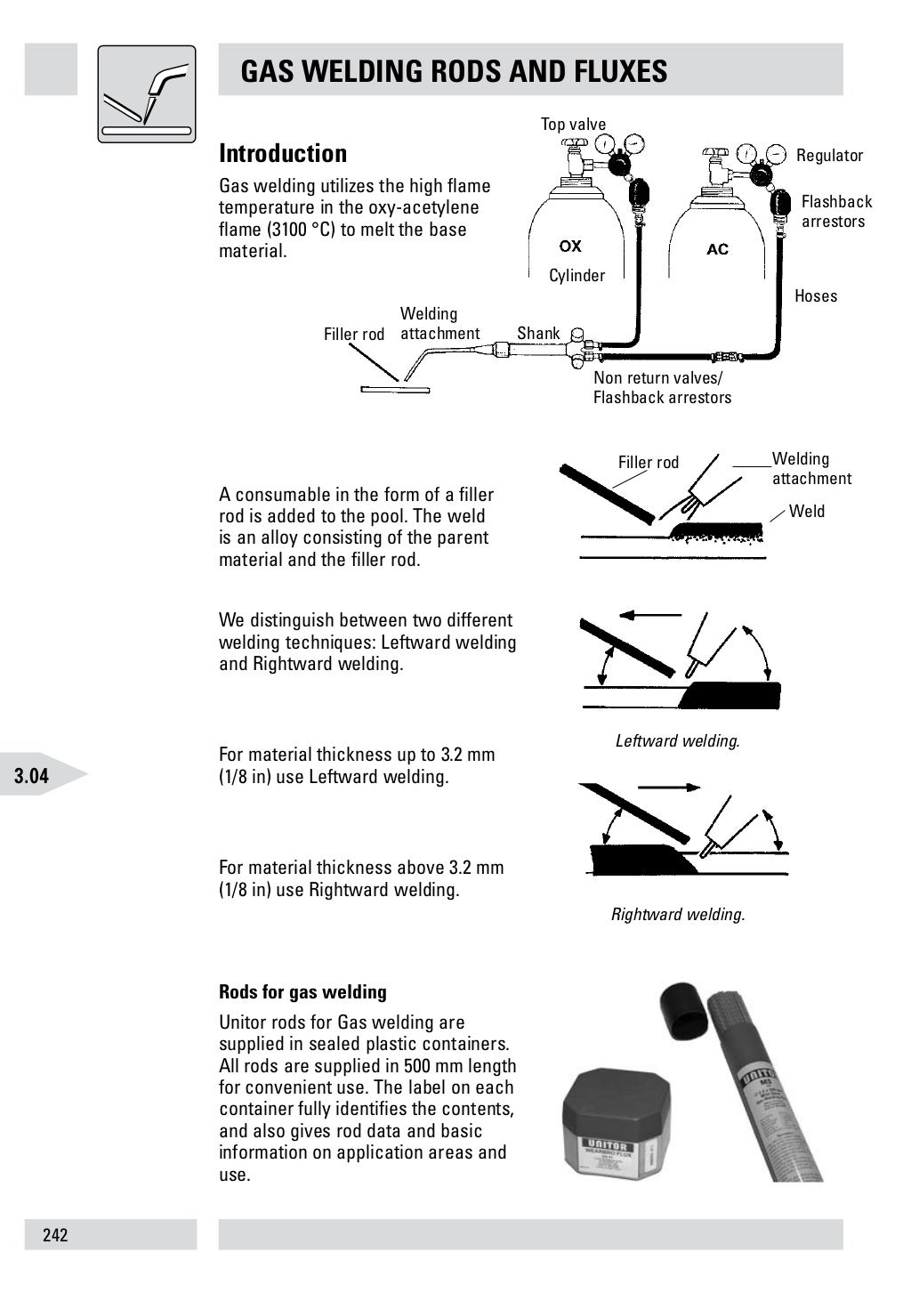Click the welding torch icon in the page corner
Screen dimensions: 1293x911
[x=146, y=93]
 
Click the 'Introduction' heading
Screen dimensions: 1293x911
[x=283, y=154]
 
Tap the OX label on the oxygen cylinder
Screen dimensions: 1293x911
[x=570, y=246]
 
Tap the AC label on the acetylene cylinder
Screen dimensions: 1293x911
[x=717, y=249]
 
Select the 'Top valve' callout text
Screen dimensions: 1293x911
[x=573, y=125]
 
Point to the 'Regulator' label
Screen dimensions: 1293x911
[x=829, y=156]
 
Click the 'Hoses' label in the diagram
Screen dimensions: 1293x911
[x=816, y=296]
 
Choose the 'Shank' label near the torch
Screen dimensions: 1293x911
[x=538, y=334]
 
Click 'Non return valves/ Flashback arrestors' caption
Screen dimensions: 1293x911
[x=662, y=388]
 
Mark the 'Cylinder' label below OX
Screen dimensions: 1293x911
[x=576, y=276]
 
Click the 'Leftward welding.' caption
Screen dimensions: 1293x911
[x=677, y=741]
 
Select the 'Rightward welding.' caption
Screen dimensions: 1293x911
[x=677, y=915]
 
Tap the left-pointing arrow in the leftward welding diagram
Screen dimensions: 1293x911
[x=649, y=615]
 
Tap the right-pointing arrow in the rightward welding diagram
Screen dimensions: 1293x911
[x=669, y=788]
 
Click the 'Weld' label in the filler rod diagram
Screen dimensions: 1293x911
[x=807, y=512]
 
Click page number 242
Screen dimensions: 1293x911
[x=55, y=1235]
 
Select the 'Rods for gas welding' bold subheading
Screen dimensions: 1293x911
[x=302, y=992]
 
